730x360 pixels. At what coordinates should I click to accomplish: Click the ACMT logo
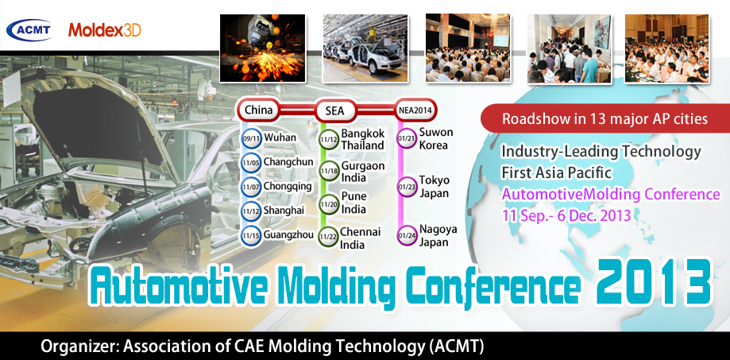(x=29, y=30)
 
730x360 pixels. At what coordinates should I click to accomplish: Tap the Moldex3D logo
(x=105, y=30)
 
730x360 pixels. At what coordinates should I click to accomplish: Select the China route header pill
(x=258, y=110)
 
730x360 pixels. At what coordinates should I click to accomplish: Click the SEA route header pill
(x=334, y=110)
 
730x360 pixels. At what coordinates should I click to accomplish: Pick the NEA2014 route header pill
(x=415, y=110)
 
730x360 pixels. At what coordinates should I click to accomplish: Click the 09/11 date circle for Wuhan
(x=251, y=138)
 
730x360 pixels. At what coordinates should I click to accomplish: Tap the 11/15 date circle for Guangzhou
(x=251, y=236)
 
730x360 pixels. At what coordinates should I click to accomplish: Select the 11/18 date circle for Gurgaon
(x=328, y=172)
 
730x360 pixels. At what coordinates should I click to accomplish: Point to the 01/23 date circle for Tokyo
(x=406, y=188)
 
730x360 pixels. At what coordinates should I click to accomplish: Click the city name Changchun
(x=288, y=162)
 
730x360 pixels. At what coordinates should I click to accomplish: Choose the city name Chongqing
(x=288, y=187)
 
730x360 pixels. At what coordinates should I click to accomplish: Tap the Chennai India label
(x=360, y=238)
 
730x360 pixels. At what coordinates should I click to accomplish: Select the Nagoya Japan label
(x=438, y=236)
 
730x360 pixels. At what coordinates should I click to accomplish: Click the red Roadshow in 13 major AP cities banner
(x=604, y=118)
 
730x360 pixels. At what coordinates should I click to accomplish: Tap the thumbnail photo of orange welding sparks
(x=263, y=48)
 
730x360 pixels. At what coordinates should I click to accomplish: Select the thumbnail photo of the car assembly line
(x=365, y=48)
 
